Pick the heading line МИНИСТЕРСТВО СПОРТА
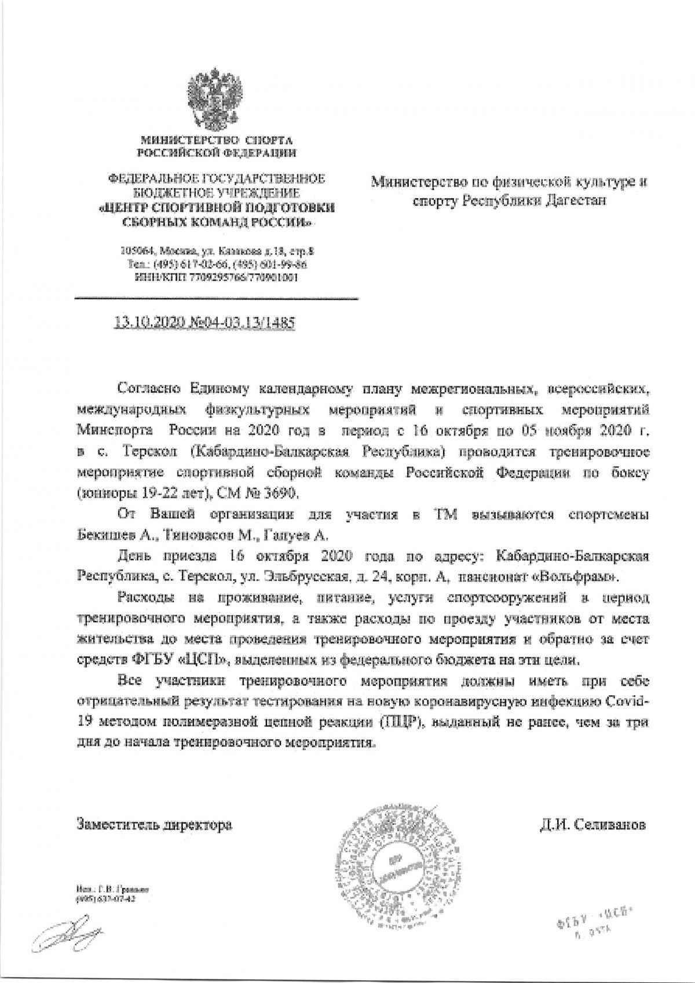215,140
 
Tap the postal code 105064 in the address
134,252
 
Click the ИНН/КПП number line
215,277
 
